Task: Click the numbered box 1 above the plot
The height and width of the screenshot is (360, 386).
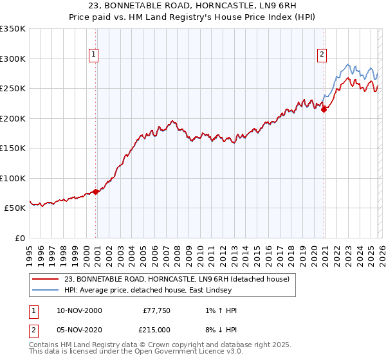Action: (x=94, y=55)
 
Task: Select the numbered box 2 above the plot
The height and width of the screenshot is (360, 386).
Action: (x=321, y=55)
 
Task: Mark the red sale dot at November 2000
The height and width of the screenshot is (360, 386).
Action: (x=96, y=192)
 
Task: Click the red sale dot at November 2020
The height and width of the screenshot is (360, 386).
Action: (x=324, y=109)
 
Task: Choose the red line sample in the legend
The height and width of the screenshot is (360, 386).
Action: (x=46, y=279)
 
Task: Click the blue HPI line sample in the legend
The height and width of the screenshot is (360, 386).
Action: (x=46, y=291)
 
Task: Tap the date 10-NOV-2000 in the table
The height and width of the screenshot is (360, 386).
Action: (x=79, y=310)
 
